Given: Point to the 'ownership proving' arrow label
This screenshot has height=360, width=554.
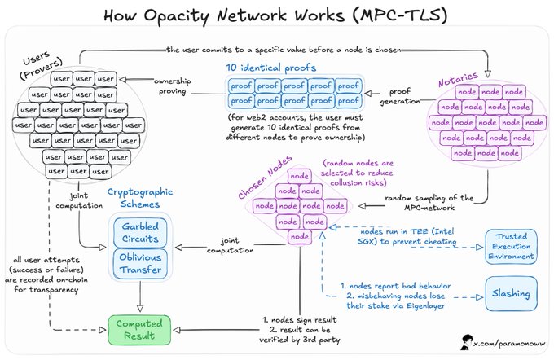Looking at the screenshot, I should pyautogui.click(x=175, y=88).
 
